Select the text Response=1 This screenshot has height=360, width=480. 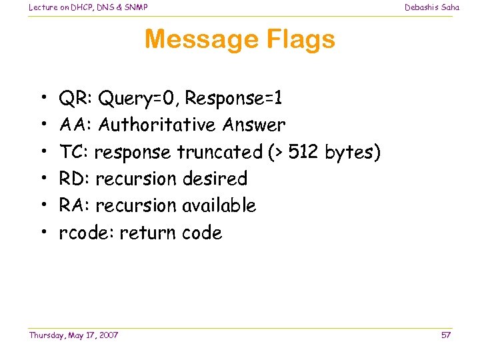(x=233, y=99)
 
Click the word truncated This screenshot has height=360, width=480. (x=219, y=152)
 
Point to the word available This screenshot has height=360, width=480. (x=219, y=205)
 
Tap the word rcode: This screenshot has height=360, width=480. (x=86, y=233)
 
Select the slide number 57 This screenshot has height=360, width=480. (x=446, y=335)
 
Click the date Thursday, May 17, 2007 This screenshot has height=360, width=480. (x=73, y=335)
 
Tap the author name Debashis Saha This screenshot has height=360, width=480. (x=432, y=7)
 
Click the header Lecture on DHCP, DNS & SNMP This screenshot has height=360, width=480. (x=88, y=7)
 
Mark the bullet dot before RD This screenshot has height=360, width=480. (x=43, y=179)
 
